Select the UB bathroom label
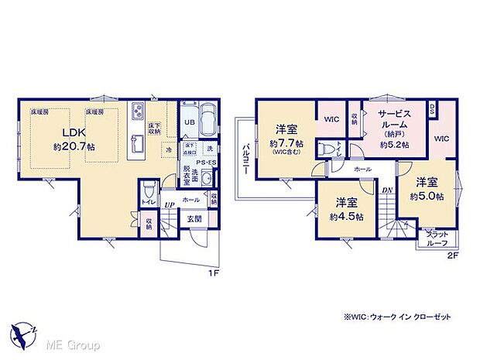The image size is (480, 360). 190,122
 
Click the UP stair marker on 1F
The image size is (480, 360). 169,204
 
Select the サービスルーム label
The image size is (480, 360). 396,118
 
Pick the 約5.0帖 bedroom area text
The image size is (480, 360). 427,197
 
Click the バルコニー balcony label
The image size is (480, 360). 245,160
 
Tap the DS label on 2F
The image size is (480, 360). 432,108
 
